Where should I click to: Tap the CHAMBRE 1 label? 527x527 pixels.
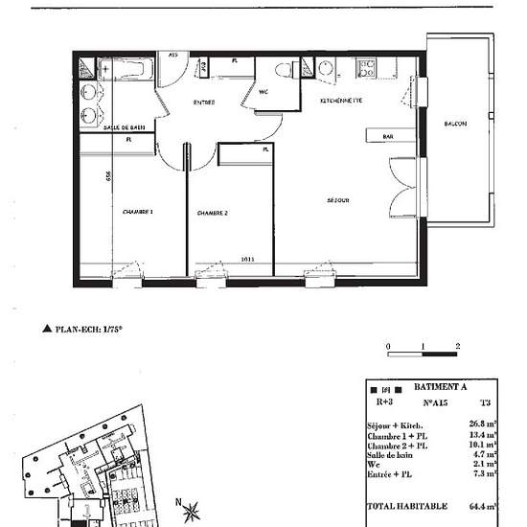click(x=138, y=211)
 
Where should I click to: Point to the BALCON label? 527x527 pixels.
click(x=455, y=126)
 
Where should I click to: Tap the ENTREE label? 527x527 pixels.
click(x=204, y=103)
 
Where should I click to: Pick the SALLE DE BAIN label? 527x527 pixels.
click(x=124, y=127)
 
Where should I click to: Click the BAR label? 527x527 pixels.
click(x=388, y=137)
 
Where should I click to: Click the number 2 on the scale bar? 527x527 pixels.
click(x=459, y=345)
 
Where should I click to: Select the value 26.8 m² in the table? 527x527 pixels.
click(x=481, y=422)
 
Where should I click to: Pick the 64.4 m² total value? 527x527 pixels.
click(x=481, y=505)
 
